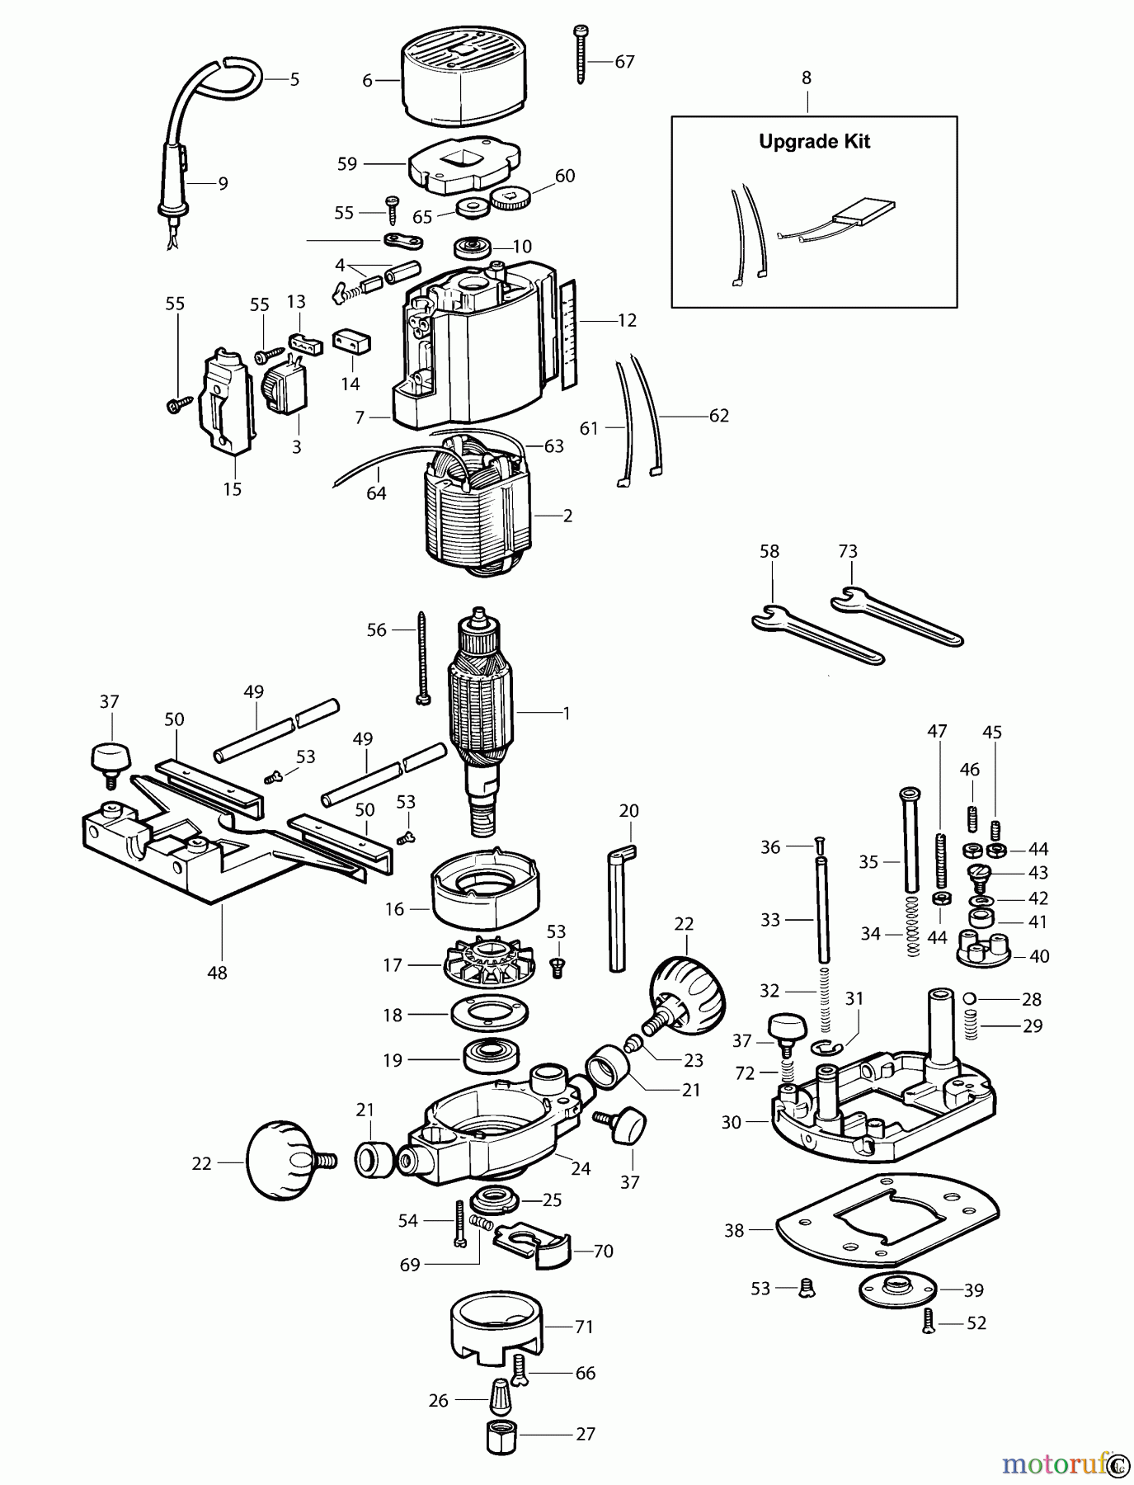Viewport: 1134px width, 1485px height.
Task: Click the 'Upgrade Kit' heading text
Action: (x=814, y=141)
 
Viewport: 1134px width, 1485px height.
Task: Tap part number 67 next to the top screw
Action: (x=624, y=62)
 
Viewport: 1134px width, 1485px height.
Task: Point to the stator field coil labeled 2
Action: (x=478, y=516)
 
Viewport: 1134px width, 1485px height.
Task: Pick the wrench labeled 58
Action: (x=816, y=635)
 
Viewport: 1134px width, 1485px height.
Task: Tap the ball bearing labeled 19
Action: (x=492, y=1058)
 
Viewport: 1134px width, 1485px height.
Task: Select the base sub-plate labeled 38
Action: (x=887, y=1221)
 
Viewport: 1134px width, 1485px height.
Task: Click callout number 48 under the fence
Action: (x=217, y=973)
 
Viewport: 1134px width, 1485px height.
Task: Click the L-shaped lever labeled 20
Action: (x=619, y=907)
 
